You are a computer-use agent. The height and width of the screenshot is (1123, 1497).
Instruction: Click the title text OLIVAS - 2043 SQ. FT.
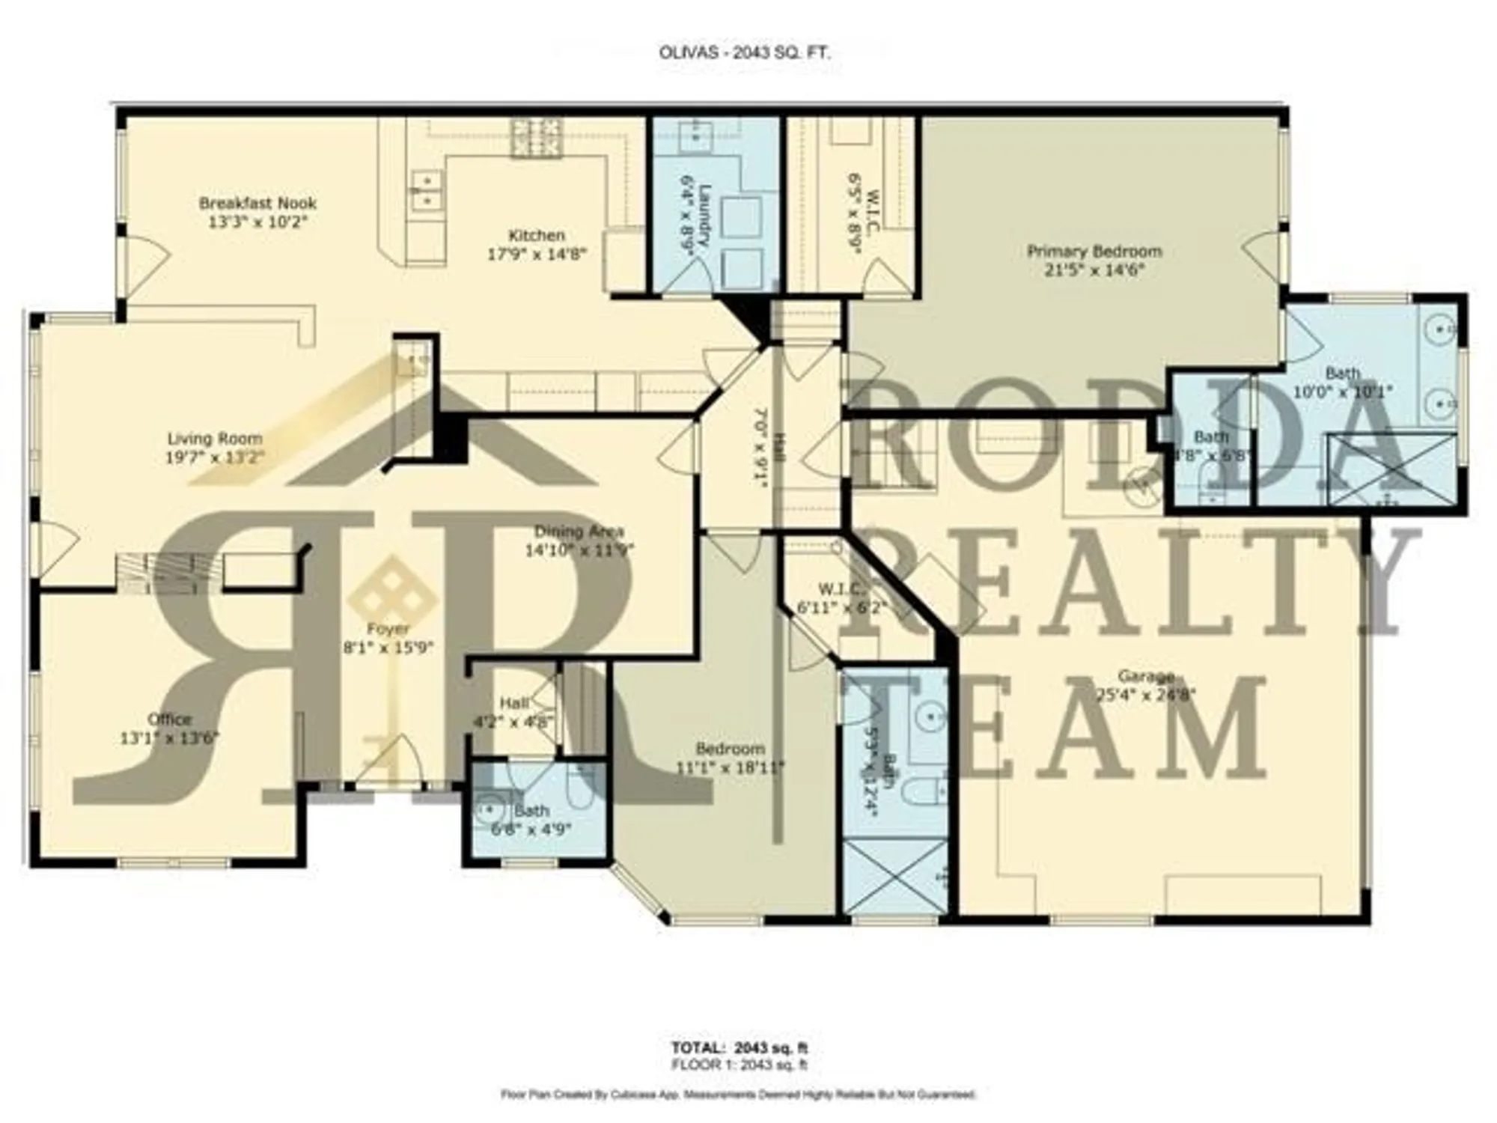click(745, 53)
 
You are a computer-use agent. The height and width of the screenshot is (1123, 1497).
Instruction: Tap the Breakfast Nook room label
click(257, 204)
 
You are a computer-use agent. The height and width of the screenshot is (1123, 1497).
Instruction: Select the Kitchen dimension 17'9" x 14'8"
click(537, 255)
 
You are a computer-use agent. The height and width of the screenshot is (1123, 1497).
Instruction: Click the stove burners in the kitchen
click(537, 139)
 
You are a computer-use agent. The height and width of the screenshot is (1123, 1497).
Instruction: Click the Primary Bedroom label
click(1094, 252)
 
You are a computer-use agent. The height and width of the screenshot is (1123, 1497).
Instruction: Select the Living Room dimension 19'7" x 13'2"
click(214, 457)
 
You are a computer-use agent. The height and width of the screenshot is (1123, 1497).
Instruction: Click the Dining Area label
click(579, 532)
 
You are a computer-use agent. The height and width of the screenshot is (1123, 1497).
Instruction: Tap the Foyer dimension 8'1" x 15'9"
click(388, 648)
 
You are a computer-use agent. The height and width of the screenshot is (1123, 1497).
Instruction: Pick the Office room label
click(169, 719)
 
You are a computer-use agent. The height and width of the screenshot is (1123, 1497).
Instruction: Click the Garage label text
click(1145, 676)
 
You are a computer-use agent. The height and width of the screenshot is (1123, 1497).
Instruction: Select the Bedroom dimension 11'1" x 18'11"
click(730, 767)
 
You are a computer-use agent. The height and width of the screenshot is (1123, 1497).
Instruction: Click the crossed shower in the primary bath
click(1391, 469)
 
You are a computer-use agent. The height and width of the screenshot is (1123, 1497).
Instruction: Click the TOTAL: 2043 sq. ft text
click(740, 1048)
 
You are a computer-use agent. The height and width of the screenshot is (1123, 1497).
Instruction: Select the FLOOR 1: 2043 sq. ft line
click(740, 1065)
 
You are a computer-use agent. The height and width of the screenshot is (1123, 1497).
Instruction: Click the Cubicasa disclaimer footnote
click(739, 1095)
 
